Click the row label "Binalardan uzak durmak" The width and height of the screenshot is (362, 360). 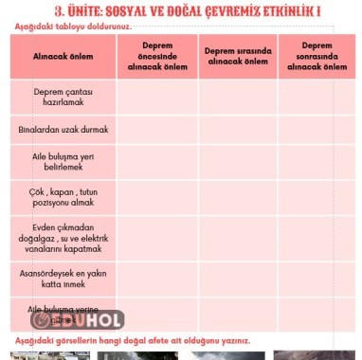click(63, 129)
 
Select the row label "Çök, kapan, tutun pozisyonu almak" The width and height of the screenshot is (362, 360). click(63, 197)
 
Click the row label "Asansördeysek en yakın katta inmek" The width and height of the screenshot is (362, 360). click(63, 277)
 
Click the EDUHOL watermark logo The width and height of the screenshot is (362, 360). click(78, 320)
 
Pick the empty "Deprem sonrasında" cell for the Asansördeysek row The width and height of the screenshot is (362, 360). click(317, 277)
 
